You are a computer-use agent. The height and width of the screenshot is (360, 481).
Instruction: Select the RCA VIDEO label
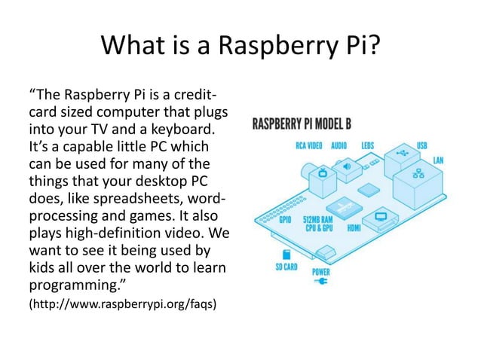click(308, 146)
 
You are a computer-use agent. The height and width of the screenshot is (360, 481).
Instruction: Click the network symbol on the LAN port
click(419, 174)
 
